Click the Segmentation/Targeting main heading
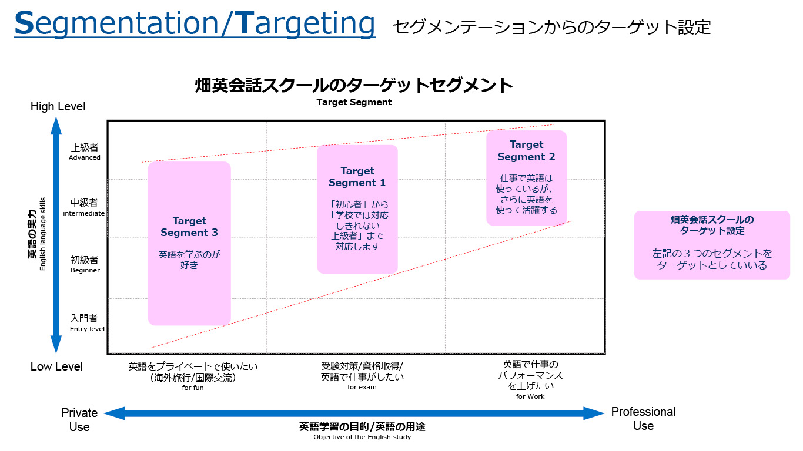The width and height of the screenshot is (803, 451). [x=195, y=23]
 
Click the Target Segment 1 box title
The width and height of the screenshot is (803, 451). [x=357, y=177]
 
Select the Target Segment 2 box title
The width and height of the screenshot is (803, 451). [x=526, y=150]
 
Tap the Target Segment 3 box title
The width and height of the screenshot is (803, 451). [x=189, y=227]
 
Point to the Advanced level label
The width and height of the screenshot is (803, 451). [x=85, y=157]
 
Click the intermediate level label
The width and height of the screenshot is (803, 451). [x=84, y=213]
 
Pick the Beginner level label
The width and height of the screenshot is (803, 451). [x=85, y=270]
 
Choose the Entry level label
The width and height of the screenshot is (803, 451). [x=87, y=329]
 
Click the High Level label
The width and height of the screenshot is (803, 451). [x=58, y=106]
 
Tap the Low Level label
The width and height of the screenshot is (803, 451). [x=56, y=366]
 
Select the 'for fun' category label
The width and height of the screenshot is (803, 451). [x=193, y=388]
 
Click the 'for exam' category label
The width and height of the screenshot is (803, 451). [x=362, y=387]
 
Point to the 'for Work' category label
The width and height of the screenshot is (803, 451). [x=530, y=396]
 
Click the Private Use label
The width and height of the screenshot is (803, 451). [x=79, y=420]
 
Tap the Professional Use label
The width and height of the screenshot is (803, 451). [x=643, y=419]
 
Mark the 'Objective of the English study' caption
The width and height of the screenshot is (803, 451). [x=362, y=437]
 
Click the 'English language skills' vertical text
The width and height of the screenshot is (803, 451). [x=43, y=234]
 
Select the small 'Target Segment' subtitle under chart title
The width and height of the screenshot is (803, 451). [x=354, y=102]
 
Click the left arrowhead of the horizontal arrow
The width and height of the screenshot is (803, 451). [x=114, y=413]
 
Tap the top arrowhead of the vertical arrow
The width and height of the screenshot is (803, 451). [x=56, y=126]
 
